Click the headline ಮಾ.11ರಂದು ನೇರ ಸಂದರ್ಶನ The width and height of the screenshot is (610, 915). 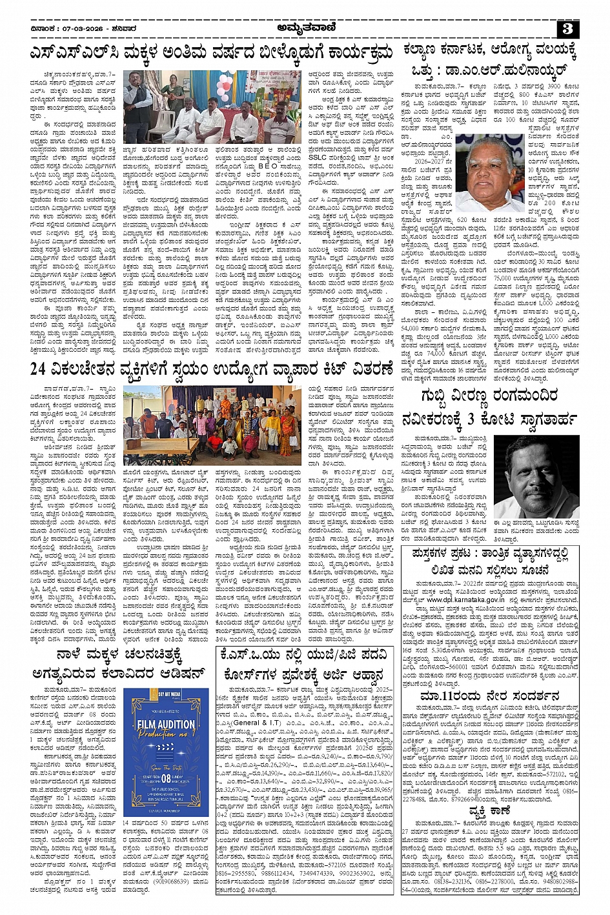490,696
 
